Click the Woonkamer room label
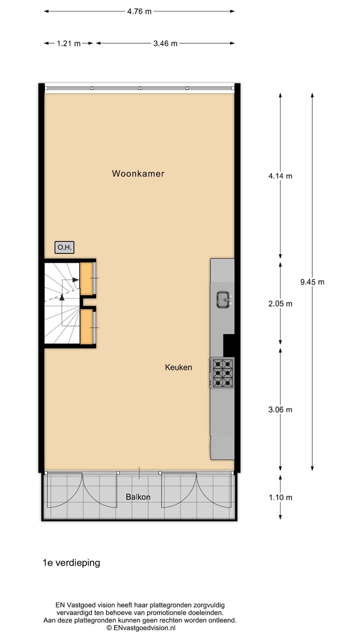coord(138,174)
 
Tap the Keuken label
coord(178,367)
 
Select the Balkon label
coord(138,497)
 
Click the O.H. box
coord(64,247)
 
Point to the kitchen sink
coord(223,300)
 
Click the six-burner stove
coord(222,373)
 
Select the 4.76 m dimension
coord(139,11)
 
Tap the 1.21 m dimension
coord(68,43)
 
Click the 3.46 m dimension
coord(165,43)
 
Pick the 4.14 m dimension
coord(280,176)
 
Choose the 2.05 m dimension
coord(280,303)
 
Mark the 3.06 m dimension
coord(280,409)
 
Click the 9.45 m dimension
coord(312,282)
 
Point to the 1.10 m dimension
coord(280,497)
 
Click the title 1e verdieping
coord(71,562)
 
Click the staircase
coord(61,303)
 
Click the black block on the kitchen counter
coord(228,345)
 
